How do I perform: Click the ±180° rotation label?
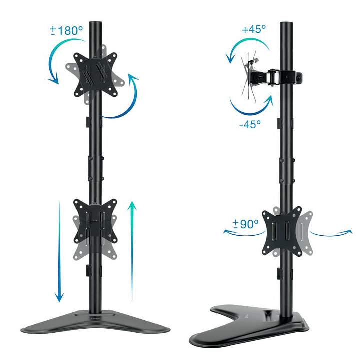click(x=67, y=30)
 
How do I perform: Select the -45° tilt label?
click(x=249, y=124)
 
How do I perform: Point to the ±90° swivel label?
click(x=245, y=224)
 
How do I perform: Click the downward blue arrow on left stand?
click(x=59, y=250)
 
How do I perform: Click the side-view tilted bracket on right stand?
click(x=265, y=78)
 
